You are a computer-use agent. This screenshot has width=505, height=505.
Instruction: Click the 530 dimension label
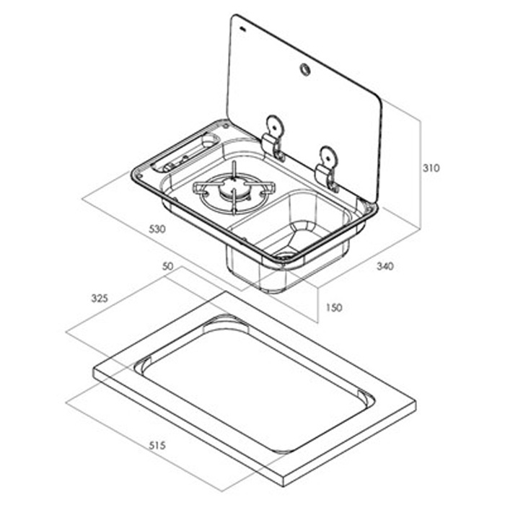pyautogui.click(x=157, y=229)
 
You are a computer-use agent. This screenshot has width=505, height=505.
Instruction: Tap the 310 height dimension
pyautogui.click(x=431, y=168)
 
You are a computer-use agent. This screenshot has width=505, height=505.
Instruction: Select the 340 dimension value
pyautogui.click(x=385, y=267)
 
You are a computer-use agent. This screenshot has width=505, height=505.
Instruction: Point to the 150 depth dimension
pyautogui.click(x=334, y=307)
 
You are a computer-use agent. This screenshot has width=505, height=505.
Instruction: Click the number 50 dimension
pyautogui.click(x=168, y=266)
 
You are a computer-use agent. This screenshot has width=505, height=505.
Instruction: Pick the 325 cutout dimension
pyautogui.click(x=98, y=297)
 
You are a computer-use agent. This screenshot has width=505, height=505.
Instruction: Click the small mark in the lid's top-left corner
pyautogui.click(x=243, y=30)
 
